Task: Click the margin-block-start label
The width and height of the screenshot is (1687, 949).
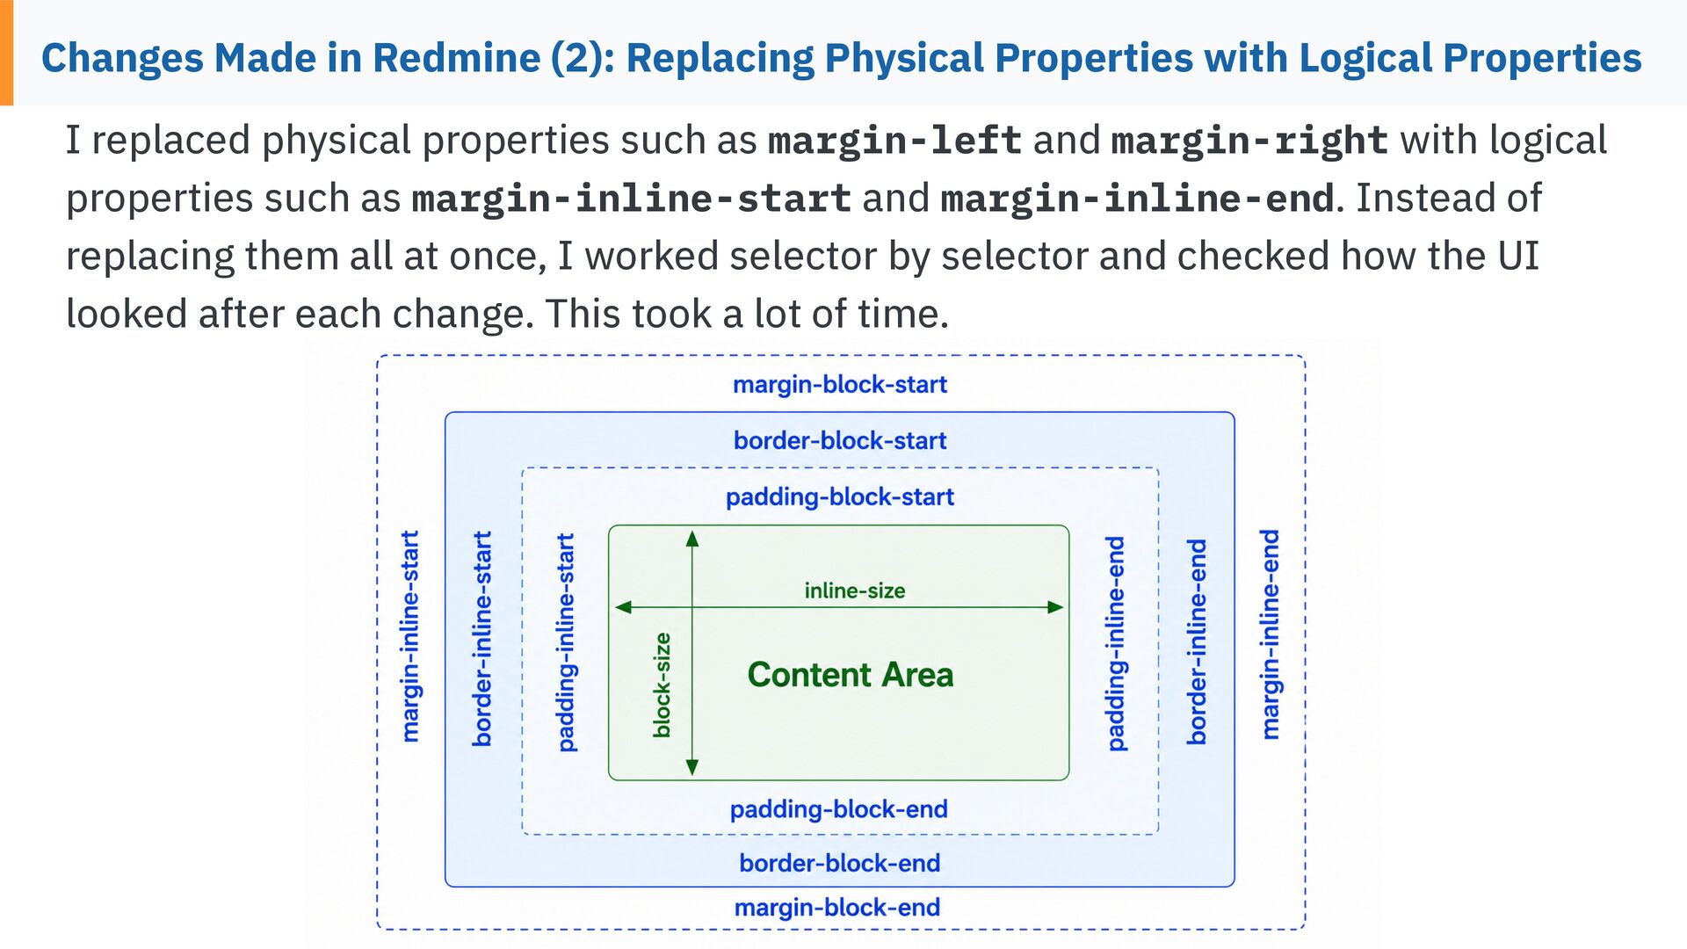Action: click(840, 385)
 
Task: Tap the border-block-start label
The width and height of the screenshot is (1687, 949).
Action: click(840, 440)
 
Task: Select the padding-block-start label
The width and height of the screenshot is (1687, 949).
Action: click(840, 497)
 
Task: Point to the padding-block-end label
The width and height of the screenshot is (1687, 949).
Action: click(839, 809)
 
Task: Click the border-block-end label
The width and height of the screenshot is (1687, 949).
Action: click(840, 863)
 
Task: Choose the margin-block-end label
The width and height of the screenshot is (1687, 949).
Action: click(837, 907)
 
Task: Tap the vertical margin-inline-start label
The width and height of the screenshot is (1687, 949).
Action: click(410, 636)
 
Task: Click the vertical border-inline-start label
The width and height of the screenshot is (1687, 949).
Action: click(482, 639)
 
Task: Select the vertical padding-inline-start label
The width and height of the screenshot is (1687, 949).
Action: click(567, 642)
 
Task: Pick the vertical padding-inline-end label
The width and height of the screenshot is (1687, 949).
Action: click(1116, 644)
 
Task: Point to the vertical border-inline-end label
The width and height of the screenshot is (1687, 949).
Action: click(1197, 642)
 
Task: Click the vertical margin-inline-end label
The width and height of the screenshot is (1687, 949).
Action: click(1270, 634)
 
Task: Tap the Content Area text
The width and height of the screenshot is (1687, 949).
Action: click(851, 675)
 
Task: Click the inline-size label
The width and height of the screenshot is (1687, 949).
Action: click(855, 590)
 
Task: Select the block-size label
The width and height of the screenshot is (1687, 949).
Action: click(662, 685)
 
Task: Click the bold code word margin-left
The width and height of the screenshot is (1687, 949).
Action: click(894, 141)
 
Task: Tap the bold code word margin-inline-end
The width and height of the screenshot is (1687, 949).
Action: click(1138, 199)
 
